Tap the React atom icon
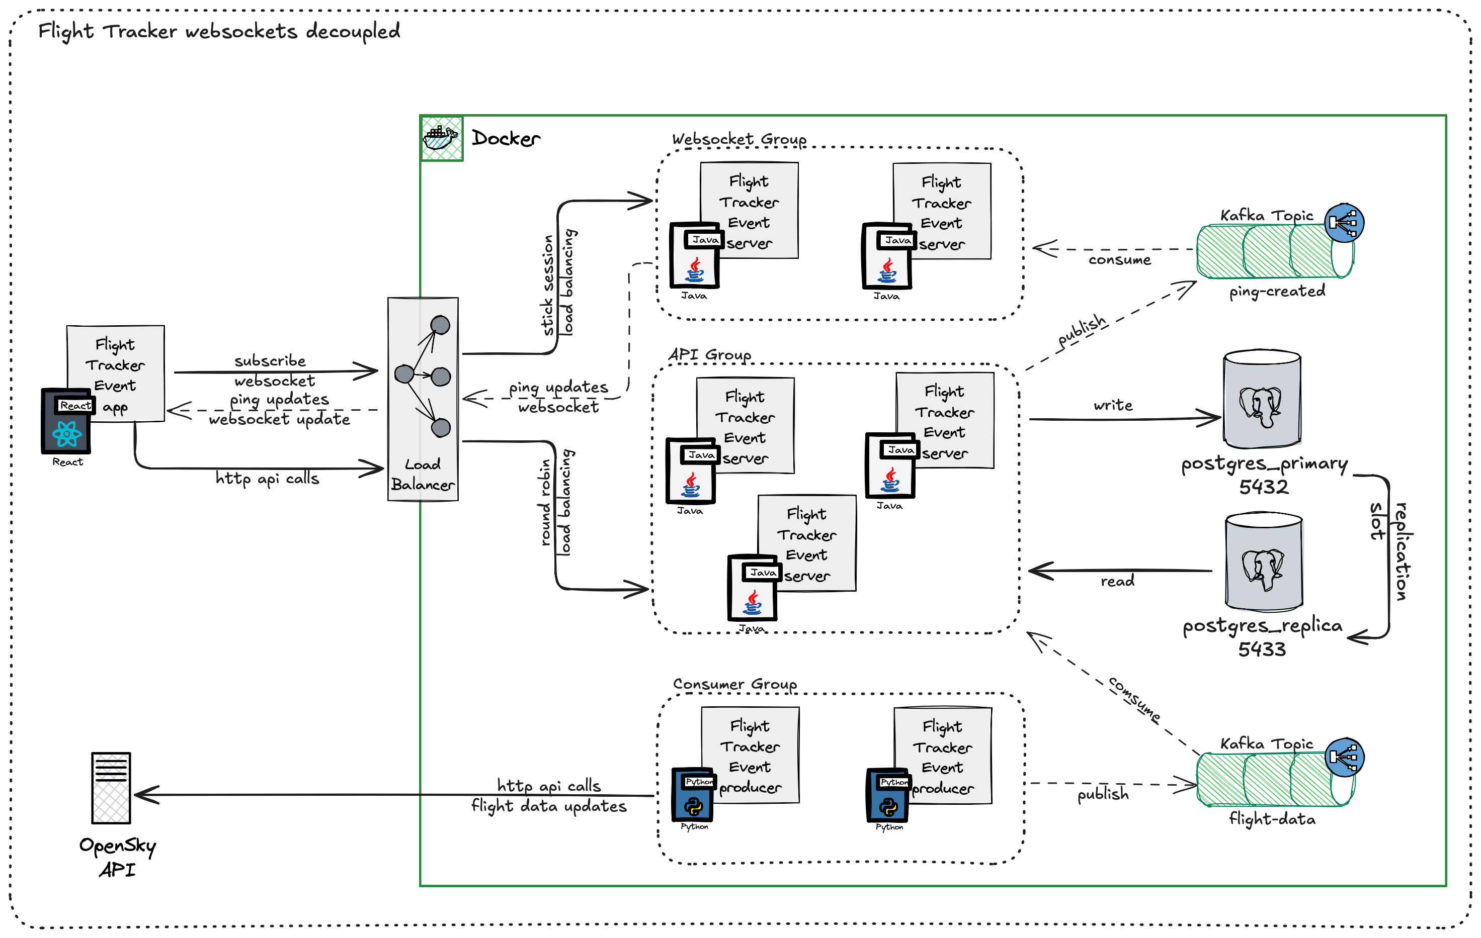[66, 434]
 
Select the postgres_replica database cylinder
[1263, 562]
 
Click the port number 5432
[1263, 487]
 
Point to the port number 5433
[1262, 649]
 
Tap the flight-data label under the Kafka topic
[1272, 819]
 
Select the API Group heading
[710, 355]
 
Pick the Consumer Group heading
[734, 684]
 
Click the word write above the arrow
[1113, 405]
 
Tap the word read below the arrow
[1117, 581]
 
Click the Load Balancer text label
[423, 475]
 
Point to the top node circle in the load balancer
[440, 325]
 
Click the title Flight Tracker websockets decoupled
[219, 31]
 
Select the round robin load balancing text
[555, 503]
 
